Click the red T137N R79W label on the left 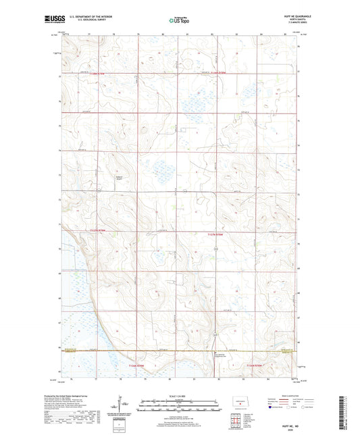coord(99,231)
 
